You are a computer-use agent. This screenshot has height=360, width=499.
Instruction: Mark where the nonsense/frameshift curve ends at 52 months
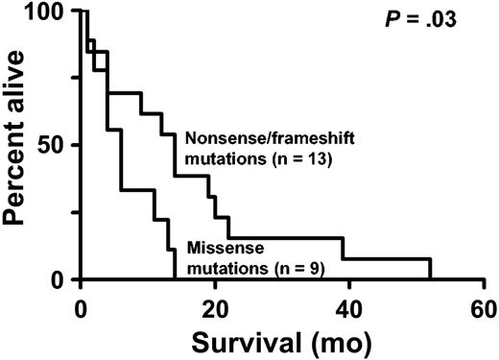pos(430,270)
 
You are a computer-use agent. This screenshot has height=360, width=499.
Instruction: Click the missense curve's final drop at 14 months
pos(174,264)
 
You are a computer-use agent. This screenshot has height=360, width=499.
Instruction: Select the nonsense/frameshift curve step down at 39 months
pos(343,249)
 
